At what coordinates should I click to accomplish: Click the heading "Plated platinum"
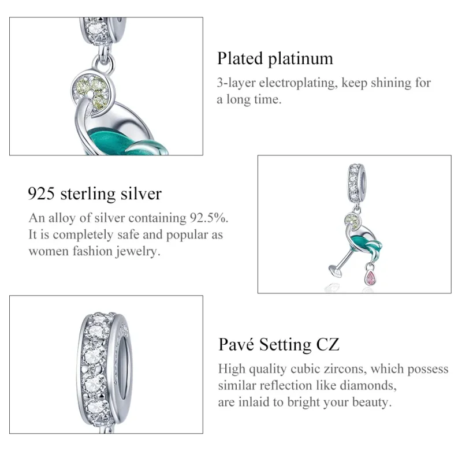(275, 58)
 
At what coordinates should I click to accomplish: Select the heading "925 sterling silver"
(95, 193)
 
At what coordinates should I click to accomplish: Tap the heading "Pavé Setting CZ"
(278, 345)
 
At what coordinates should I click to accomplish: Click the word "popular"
(185, 235)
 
